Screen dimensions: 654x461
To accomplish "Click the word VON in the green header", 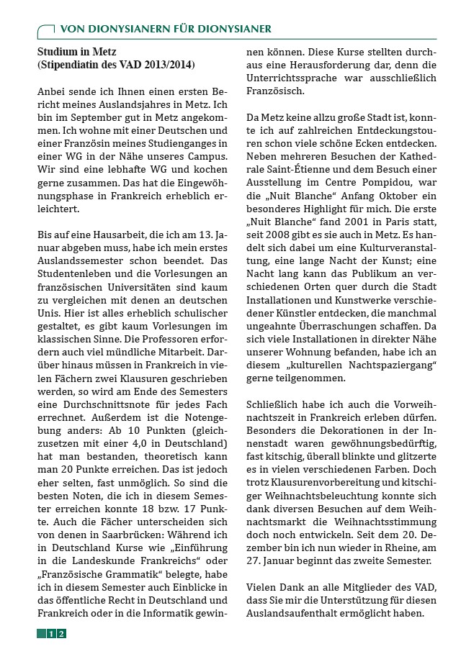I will click(x=73, y=29).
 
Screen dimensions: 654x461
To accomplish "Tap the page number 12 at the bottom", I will click(x=56, y=633).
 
